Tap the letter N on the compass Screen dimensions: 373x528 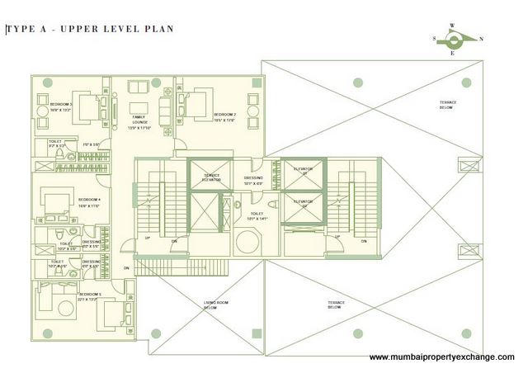pos(482,39)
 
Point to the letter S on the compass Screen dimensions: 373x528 pos(434,39)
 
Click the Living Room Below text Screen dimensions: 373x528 pos(214,306)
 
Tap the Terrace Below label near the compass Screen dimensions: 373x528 pos(449,104)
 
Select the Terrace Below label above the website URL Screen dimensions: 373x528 pos(335,305)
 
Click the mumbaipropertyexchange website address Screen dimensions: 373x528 pos(441,357)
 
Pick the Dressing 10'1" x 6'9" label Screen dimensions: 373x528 pos(254,181)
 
